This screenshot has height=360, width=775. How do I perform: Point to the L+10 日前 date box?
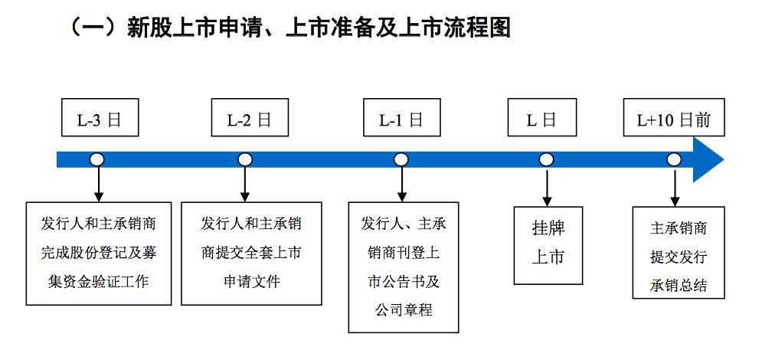673,119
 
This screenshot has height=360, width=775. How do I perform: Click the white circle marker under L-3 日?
97,159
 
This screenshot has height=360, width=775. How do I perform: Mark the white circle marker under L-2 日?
245,159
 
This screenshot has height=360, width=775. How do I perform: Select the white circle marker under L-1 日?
401,159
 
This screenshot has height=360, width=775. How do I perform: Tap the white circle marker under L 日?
546,159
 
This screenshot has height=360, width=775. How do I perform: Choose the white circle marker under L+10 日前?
674,159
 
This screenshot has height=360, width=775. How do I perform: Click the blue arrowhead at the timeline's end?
708,159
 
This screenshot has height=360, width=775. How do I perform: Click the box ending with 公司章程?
404,267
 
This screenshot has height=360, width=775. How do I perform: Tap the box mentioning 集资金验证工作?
99,253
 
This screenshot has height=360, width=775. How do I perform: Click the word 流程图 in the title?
479,28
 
